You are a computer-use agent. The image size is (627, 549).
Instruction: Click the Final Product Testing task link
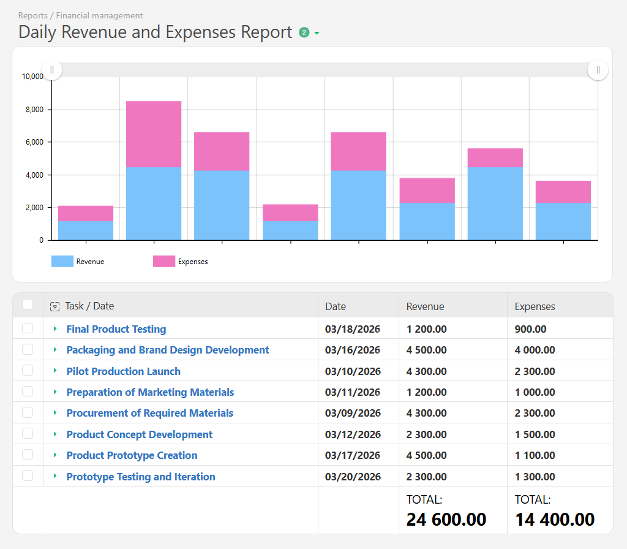[x=116, y=329]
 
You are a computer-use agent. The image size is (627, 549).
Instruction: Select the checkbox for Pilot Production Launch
[x=28, y=371]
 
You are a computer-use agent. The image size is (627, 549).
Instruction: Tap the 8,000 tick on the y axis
[x=32, y=110]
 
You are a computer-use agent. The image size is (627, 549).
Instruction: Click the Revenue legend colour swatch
[x=62, y=262]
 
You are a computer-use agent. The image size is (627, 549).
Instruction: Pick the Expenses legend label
[x=192, y=262]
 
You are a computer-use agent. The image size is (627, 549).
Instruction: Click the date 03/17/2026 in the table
[x=353, y=455]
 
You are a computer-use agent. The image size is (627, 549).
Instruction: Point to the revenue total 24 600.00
[x=446, y=520]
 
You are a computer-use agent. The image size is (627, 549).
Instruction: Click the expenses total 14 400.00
[x=554, y=520]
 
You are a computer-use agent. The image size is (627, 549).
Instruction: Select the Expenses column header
[x=535, y=306]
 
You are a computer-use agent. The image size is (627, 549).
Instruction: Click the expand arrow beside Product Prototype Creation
[x=55, y=455]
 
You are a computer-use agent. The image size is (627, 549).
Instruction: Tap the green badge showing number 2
[x=304, y=32]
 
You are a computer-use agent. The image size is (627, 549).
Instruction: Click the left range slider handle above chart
[x=51, y=70]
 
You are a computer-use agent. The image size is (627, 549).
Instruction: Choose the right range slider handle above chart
[x=598, y=70]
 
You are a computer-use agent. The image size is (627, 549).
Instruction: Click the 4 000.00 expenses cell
[x=535, y=350]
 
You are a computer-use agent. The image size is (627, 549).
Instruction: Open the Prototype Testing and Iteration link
[x=141, y=477]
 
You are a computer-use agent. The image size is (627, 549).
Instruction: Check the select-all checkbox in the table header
[x=28, y=305]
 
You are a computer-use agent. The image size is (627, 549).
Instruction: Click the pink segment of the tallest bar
[x=154, y=134]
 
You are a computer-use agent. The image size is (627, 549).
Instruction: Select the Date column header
[x=336, y=306]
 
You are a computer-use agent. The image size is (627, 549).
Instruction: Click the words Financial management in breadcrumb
[x=99, y=15]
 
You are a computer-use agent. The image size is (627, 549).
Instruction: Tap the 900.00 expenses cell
[x=530, y=329]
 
